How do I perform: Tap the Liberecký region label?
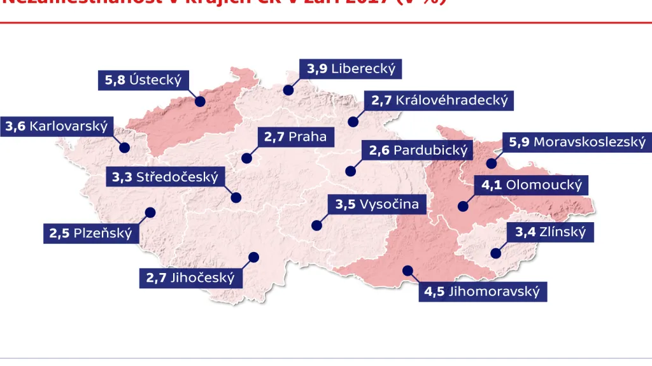point(351,69)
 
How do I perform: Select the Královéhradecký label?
point(439,100)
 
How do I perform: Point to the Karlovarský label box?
point(57,126)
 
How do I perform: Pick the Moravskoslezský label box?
point(577,142)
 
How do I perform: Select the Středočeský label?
point(165,177)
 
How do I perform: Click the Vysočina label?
point(378,204)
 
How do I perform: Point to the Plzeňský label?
point(91,233)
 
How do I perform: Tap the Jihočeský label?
point(190,278)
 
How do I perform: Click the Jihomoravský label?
point(483,292)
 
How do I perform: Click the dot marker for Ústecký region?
point(200,101)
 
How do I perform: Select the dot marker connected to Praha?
point(246,158)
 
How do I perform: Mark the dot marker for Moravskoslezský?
point(491,164)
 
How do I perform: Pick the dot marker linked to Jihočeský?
point(254,257)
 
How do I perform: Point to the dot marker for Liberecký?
point(288,90)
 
